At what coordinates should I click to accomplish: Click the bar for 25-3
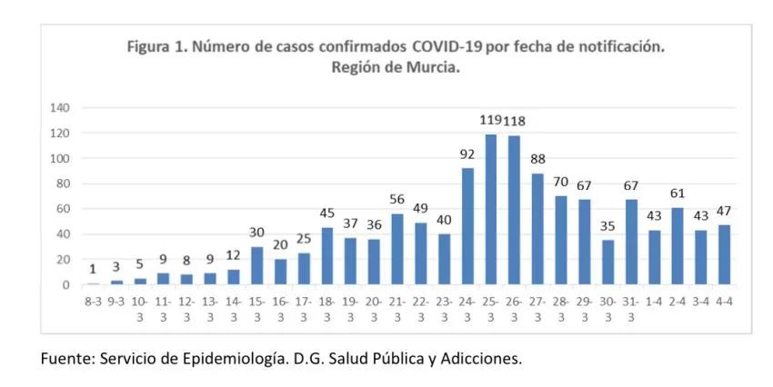coord(491,210)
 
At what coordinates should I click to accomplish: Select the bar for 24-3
coord(467,226)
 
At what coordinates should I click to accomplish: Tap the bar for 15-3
coord(257,265)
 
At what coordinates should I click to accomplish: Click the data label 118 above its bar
coord(515,121)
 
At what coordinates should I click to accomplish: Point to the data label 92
coord(467,154)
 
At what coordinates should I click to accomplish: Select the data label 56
coord(397,200)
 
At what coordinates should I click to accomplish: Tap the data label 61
coord(678,193)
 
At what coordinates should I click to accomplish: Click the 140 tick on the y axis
coord(60,108)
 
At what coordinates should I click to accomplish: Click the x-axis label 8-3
coord(94,301)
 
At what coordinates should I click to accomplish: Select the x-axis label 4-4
coord(725,301)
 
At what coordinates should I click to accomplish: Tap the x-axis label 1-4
coord(655,301)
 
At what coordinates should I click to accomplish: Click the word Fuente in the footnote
coord(64,358)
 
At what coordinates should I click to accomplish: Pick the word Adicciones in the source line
coord(480,358)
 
